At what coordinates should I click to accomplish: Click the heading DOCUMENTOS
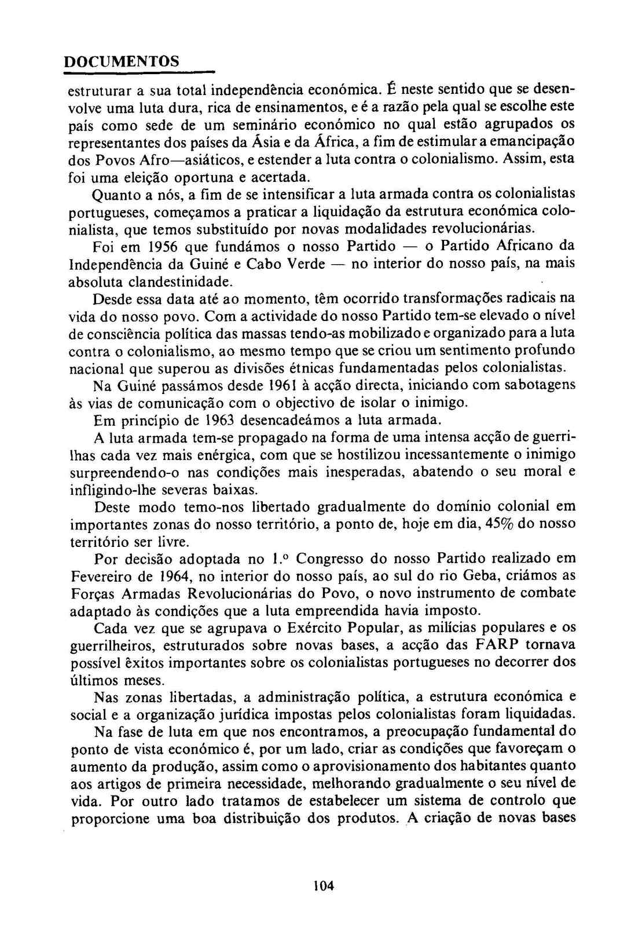121,61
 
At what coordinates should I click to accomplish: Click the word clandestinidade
181,283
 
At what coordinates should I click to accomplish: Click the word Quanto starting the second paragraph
115,194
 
